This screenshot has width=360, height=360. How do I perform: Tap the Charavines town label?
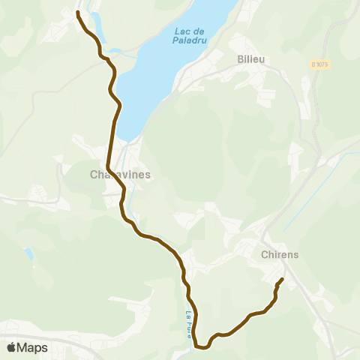point(120,175)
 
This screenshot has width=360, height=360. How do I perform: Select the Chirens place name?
point(280,254)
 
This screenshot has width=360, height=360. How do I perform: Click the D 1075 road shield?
point(319,64)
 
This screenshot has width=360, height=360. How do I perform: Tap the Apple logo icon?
point(11,347)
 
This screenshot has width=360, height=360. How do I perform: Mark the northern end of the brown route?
point(78,13)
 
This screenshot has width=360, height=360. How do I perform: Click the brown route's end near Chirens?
point(282,280)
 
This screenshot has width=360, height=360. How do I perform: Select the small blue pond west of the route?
point(28,254)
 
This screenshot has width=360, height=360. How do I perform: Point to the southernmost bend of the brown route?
point(201,347)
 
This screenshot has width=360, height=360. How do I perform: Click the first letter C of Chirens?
point(265,254)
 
